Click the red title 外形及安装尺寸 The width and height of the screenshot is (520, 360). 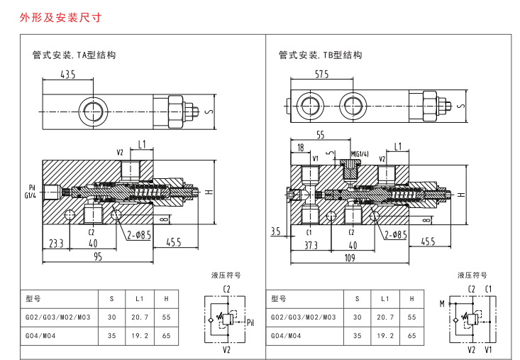tap(60, 17)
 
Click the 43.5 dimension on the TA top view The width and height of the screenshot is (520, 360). tap(68, 75)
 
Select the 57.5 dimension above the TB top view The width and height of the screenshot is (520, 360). tap(321, 75)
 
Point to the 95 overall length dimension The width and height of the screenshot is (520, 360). tap(98, 257)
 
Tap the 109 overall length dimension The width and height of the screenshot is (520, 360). tap(350, 258)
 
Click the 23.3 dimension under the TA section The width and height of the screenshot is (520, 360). tap(56, 244)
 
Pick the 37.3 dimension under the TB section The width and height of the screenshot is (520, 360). tap(311, 245)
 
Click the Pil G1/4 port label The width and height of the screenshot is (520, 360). tap(31, 192)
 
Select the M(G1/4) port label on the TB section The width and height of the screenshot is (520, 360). tap(360, 154)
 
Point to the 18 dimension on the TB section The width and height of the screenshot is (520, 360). tap(301, 147)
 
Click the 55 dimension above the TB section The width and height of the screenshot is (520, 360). tap(321, 135)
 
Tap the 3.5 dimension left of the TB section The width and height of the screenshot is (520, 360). tap(275, 231)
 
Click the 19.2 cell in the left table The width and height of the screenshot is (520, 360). tap(140, 336)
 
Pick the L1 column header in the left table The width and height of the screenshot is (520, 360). tap(140, 299)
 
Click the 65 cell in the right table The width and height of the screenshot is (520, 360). tap(412, 336)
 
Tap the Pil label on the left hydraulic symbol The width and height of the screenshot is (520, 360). tap(250, 322)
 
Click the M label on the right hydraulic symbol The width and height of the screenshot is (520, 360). tap(442, 304)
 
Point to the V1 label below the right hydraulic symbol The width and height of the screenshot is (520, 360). tap(488, 349)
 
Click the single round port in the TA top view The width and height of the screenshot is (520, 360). tap(93, 111)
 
